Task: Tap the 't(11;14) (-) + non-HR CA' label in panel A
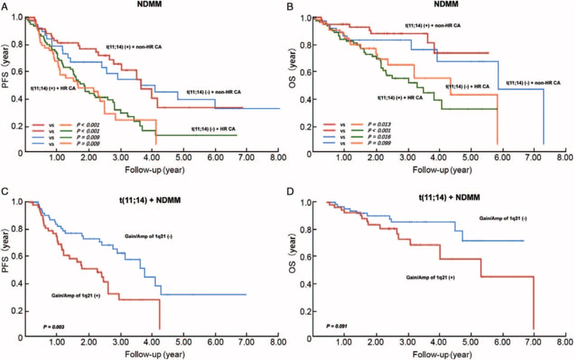pos(214,91)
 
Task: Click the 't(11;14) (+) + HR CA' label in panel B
pos(400,97)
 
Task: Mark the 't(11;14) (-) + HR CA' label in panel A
pos(213,129)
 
